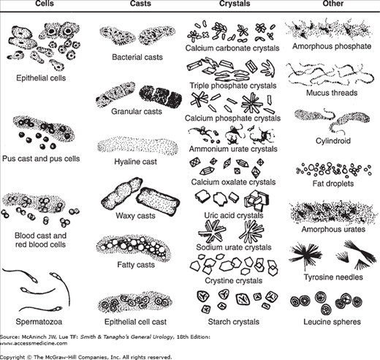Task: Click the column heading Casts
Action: [140, 4]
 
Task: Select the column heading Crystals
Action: [235, 4]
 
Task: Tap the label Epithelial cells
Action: [41, 78]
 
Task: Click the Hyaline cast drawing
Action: [137, 146]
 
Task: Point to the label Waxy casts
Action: [135, 216]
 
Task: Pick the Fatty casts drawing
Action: [133, 247]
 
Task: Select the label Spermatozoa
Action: [39, 322]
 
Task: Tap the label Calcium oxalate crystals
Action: [233, 182]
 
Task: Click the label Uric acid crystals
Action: [234, 215]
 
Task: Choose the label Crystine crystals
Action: [234, 281]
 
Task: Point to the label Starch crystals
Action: [234, 322]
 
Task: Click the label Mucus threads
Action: [332, 93]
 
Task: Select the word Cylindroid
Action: [333, 140]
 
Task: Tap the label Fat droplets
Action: [333, 184]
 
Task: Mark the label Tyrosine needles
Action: [333, 277]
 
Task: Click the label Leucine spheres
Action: [332, 322]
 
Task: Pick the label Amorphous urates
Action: [333, 229]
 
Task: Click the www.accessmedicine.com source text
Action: [34, 343]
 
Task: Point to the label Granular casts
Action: [137, 111]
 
